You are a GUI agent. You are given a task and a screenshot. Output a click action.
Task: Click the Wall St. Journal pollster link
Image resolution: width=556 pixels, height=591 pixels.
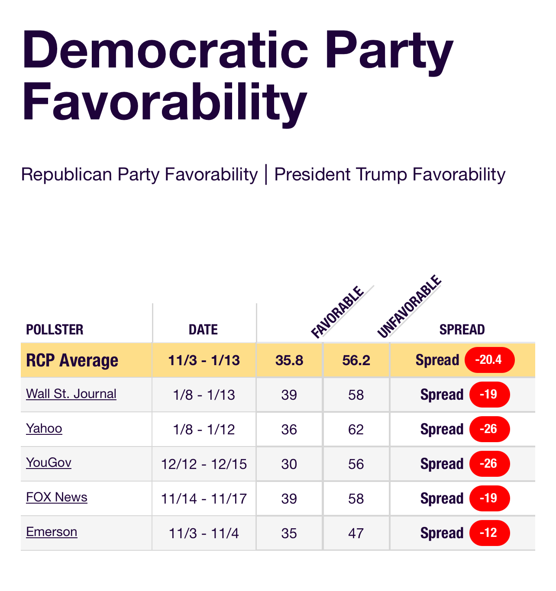coord(71,394)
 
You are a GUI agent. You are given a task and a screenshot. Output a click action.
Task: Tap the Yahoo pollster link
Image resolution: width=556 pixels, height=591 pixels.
coord(44,428)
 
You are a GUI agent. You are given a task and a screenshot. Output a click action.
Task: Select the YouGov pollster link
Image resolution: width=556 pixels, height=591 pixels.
coord(48,463)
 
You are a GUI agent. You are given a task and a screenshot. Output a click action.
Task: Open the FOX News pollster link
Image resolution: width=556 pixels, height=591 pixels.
coord(57,497)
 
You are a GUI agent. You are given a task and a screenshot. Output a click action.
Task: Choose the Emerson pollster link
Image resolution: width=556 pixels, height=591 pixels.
coord(52,532)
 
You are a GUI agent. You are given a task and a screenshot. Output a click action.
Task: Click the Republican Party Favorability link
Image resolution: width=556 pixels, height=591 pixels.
coord(139,174)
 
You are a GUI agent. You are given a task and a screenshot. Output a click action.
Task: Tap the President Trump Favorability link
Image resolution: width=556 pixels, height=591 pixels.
coord(390,174)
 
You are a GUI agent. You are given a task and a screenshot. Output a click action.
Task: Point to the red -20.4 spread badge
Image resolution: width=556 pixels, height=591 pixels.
coord(489,360)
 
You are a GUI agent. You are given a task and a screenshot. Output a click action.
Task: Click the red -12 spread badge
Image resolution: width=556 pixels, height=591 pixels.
coord(489,533)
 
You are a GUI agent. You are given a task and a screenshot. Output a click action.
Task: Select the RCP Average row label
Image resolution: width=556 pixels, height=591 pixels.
coord(72,360)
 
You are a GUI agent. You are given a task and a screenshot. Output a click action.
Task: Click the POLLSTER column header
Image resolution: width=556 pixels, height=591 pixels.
coord(55,330)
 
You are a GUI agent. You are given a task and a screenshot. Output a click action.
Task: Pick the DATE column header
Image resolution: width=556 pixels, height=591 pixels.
coord(203,330)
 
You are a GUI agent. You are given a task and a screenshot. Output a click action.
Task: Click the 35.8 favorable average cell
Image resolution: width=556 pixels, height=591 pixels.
coord(289,360)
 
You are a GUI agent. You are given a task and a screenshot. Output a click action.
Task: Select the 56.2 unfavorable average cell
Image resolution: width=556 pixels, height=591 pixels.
coord(356,360)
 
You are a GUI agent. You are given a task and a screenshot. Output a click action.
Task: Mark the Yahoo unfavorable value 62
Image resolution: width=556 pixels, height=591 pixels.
coord(356,430)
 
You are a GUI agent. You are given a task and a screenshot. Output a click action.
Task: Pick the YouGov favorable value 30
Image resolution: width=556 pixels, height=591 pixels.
coord(289,464)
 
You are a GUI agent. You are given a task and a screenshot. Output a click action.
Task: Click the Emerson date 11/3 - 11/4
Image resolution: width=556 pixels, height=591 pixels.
coord(204,533)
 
